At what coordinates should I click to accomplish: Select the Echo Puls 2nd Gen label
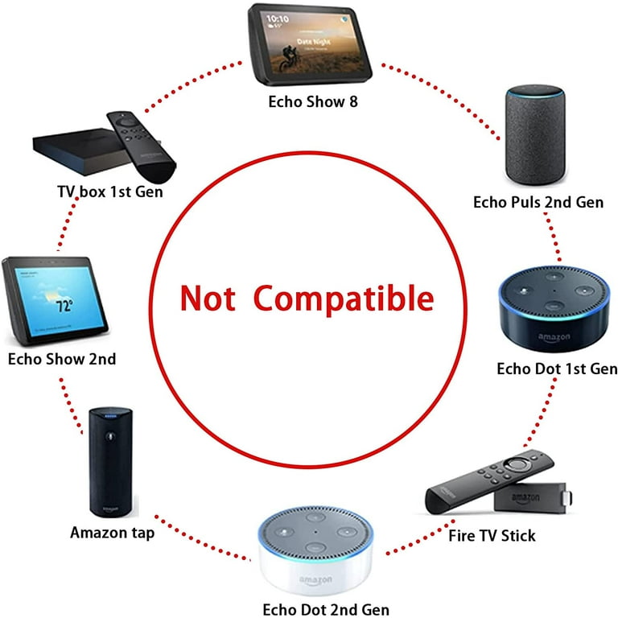tap(538, 202)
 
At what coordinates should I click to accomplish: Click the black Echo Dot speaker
tap(553, 309)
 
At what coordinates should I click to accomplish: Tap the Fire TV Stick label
tap(492, 535)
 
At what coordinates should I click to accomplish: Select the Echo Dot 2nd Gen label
tap(320, 609)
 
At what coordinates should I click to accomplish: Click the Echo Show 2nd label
tap(62, 359)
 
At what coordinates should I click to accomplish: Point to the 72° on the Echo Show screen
tap(64, 307)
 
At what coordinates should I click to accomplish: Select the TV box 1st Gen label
tap(109, 192)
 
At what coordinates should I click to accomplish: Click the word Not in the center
tap(207, 298)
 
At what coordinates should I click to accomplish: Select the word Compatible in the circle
tap(344, 298)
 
